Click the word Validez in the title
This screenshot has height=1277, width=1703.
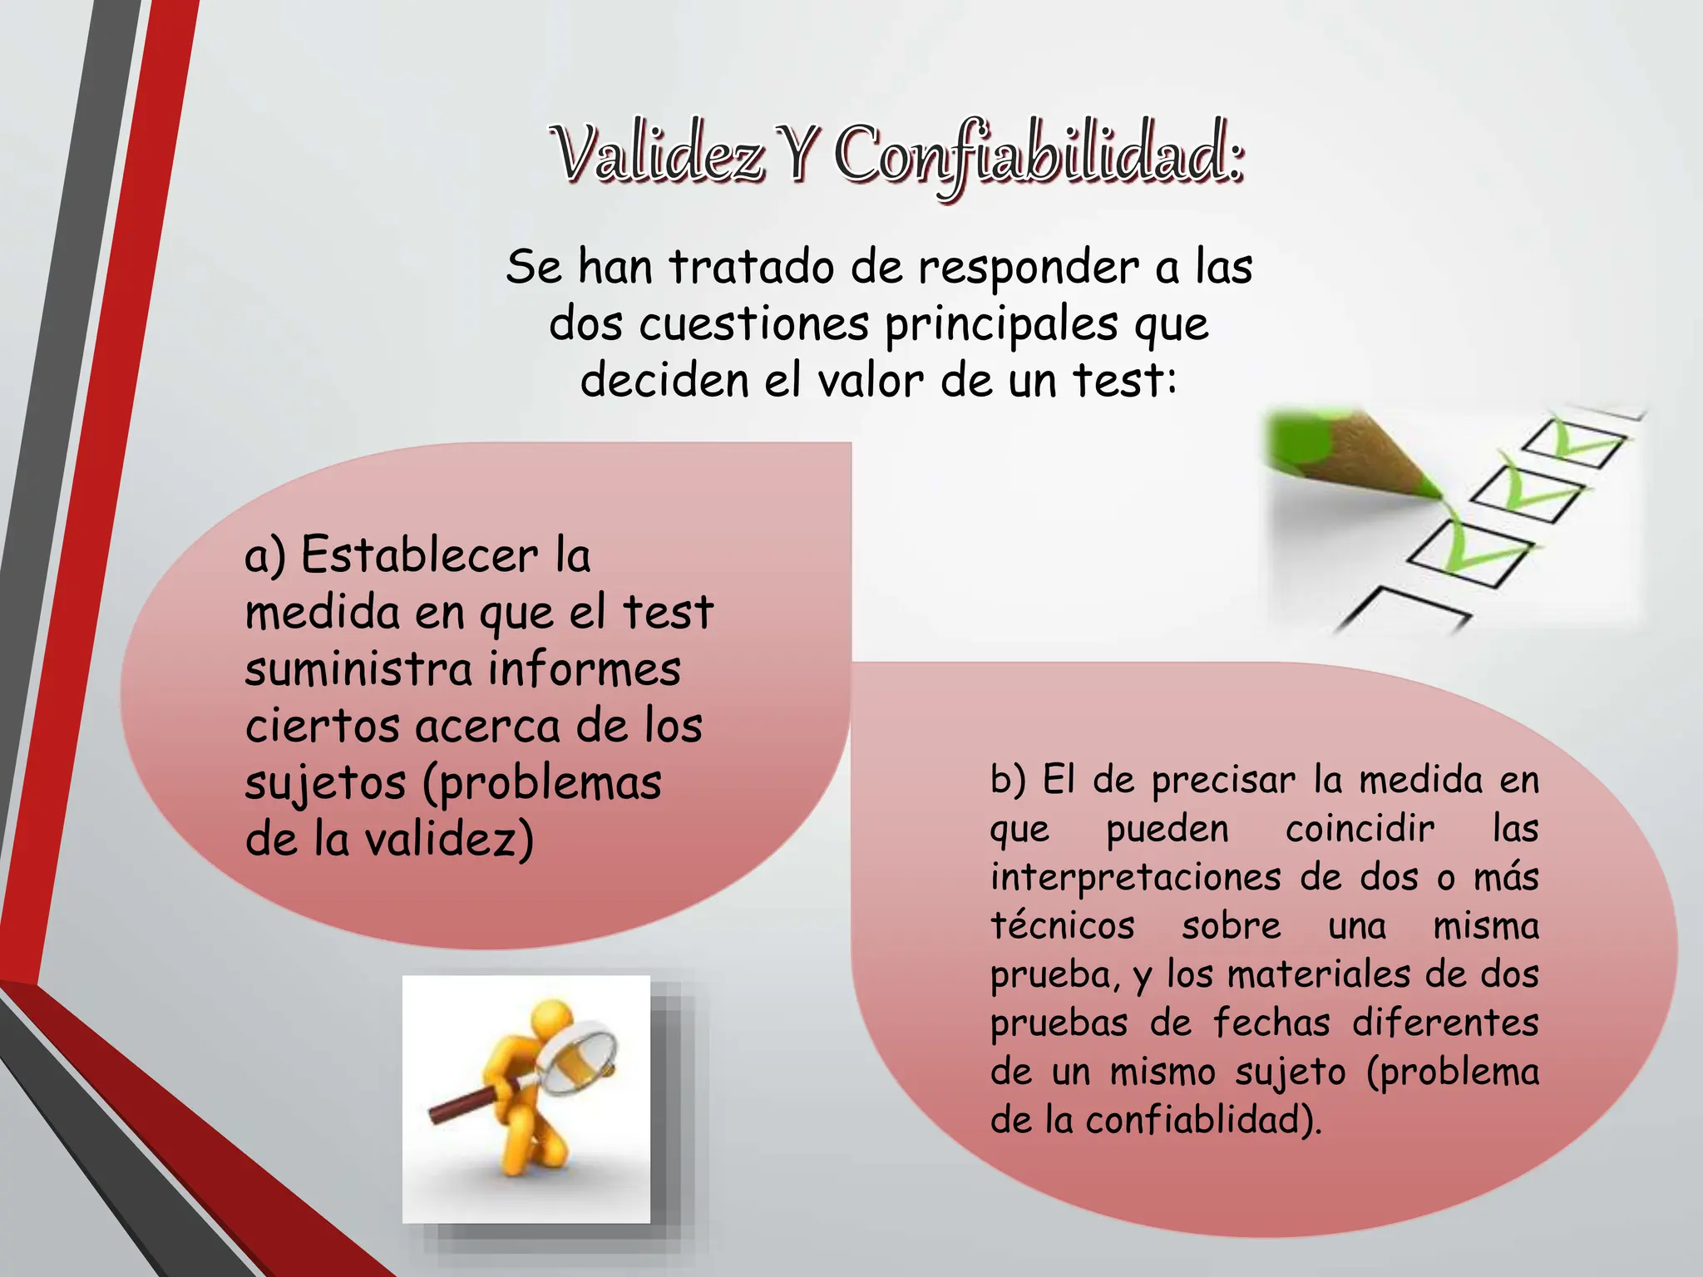click(x=657, y=155)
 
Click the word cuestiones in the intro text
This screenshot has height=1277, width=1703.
click(x=753, y=324)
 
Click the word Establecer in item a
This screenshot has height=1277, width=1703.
click(x=419, y=555)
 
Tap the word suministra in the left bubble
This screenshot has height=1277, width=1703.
click(x=358, y=669)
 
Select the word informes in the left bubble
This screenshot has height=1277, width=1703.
click(x=584, y=669)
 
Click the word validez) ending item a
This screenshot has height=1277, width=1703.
click(x=449, y=840)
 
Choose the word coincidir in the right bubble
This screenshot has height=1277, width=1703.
click(x=1360, y=829)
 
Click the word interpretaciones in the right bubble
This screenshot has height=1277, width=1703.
click(x=1135, y=878)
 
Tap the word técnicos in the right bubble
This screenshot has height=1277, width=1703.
click(x=1062, y=926)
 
